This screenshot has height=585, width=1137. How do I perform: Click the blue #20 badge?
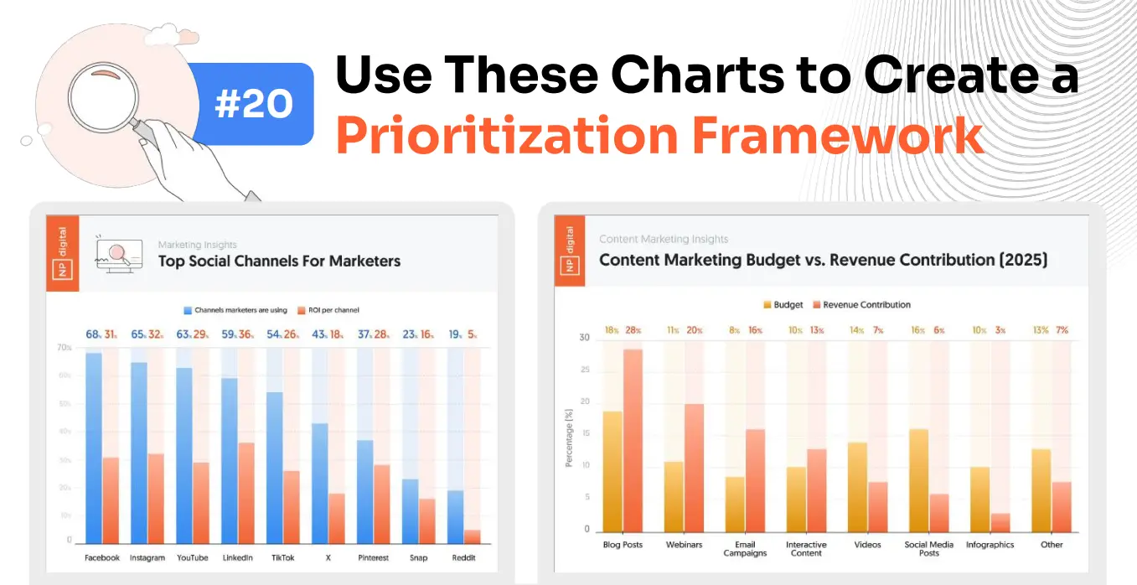[x=253, y=104]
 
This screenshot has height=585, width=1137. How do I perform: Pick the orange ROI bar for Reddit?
[x=473, y=536]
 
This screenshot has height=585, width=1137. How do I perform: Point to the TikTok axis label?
[x=282, y=557]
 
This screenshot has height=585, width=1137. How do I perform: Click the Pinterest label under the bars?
[x=373, y=557]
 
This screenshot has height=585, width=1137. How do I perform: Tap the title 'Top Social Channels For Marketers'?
[x=279, y=261]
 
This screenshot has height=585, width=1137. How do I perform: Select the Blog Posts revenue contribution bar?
[x=633, y=440]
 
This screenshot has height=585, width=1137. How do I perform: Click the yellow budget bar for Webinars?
[x=674, y=495]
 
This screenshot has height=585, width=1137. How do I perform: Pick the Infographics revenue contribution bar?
[x=1000, y=521]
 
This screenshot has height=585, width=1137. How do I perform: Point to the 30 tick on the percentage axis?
[x=584, y=338]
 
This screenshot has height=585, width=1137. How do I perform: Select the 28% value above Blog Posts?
[x=633, y=330]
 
